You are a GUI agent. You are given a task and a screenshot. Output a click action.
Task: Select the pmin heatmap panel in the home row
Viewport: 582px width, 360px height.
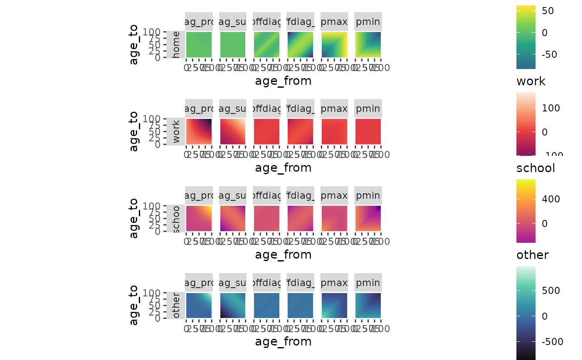pos(368,44)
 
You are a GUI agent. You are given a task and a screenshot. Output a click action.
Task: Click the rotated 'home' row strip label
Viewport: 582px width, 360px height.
pos(176,44)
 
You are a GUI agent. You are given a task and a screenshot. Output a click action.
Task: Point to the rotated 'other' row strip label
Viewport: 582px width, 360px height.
pos(176,306)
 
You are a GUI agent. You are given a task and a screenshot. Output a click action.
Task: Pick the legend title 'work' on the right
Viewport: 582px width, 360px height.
pos(531,81)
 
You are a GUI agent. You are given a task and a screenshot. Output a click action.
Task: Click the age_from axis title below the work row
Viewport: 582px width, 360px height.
pos(283,168)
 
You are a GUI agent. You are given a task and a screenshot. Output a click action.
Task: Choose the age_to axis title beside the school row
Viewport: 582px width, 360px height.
pos(133,218)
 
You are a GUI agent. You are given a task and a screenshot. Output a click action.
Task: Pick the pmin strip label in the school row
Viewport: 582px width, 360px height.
pos(368,195)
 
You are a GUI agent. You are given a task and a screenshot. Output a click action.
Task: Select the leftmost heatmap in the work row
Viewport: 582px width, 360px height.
pos(199,131)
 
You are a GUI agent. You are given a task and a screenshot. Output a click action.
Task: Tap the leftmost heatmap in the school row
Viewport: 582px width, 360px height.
pos(199,218)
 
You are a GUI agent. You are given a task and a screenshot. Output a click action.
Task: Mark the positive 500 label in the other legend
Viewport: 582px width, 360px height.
pos(550,290)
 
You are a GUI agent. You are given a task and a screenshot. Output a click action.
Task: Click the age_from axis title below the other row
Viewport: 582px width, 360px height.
pos(283,341)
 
